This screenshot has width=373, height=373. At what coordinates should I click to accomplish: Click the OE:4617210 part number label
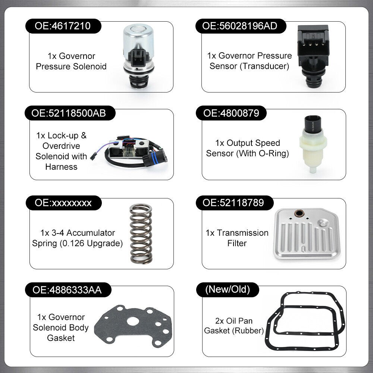[x=63, y=26]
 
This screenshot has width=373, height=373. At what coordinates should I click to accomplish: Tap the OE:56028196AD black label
[x=241, y=26]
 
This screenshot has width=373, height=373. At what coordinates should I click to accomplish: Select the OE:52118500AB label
[x=70, y=113]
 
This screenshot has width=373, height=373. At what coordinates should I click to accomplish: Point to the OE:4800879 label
[x=231, y=113]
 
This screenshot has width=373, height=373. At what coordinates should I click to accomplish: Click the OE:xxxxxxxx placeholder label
[x=64, y=203]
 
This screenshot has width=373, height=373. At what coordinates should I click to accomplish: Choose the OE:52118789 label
[x=235, y=203]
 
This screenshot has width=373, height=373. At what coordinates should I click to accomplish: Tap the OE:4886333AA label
[x=68, y=290]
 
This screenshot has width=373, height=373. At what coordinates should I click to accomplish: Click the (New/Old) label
[x=228, y=289]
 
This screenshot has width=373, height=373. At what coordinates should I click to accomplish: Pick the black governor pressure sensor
[x=313, y=56]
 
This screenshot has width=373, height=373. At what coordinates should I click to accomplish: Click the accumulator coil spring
[x=141, y=233]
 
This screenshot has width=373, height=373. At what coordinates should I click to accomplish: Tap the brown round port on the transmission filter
[x=299, y=213]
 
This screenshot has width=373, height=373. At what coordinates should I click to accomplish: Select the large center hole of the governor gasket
[x=133, y=322]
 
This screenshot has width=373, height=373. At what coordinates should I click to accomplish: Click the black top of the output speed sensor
[x=313, y=124]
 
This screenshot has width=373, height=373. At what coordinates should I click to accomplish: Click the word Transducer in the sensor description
[x=264, y=66]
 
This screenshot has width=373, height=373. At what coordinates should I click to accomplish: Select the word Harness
[x=62, y=167]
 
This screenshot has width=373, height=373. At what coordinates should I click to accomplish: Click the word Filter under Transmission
[x=237, y=243]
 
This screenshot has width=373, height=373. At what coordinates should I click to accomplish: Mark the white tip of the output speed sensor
[x=313, y=170]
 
